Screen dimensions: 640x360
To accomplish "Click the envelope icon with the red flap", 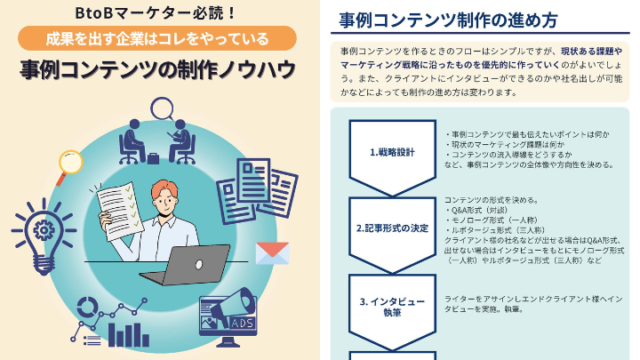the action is pos(271,253).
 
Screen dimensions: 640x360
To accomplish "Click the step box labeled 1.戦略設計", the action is pos(392,152).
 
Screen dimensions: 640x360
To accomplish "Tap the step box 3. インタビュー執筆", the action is pos(392,306).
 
